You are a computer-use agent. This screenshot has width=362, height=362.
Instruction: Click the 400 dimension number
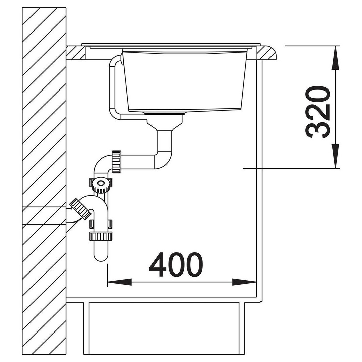176,264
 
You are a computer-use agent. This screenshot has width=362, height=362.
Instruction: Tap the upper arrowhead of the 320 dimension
335,58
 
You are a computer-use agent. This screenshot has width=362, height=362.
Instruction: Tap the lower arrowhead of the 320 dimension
335,156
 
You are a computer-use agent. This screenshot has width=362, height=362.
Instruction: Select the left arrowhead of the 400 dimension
119,282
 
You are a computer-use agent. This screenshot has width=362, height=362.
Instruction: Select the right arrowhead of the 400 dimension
244,282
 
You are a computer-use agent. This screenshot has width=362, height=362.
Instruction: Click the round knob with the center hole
101,185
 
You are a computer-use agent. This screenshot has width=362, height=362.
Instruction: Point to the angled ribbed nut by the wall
80,209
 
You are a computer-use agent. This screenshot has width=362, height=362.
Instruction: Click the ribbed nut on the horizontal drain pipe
116,162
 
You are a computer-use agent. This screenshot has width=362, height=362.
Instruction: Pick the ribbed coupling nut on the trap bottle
101,236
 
